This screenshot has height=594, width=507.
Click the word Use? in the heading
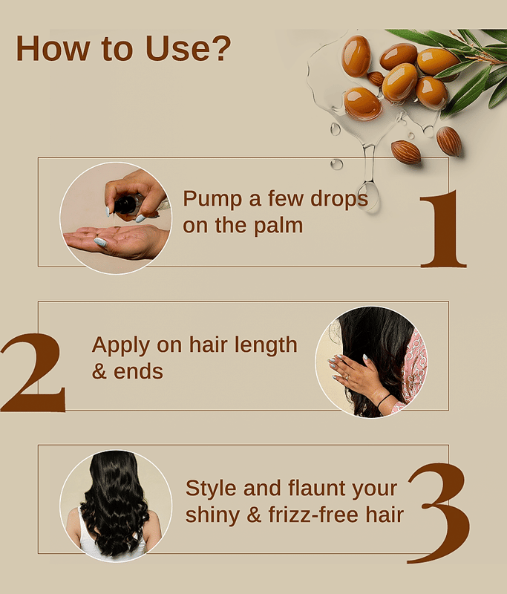click(188, 48)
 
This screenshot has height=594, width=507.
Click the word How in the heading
click(53, 48)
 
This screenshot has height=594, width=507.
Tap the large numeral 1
click(442, 229)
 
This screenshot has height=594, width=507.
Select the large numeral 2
click(33, 373)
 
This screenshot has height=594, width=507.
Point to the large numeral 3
click(439, 512)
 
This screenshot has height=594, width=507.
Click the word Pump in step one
click(212, 199)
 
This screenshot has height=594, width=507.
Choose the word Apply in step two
click(121, 346)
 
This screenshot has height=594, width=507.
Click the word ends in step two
click(138, 372)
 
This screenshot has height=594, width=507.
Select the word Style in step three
click(212, 489)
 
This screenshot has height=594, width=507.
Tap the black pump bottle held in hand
click(128, 206)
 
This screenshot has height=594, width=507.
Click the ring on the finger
click(347, 377)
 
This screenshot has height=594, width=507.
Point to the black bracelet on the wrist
click(384, 401)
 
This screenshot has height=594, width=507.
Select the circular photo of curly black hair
click(116, 506)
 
